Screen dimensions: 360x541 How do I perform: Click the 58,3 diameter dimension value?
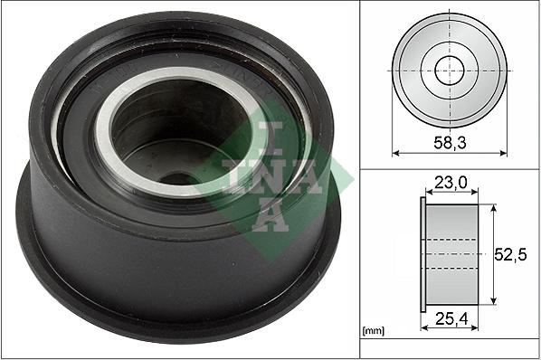[450, 142]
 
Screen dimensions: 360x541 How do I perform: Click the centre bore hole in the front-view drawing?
[450, 71]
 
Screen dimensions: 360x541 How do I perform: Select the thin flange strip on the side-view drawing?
[423, 255]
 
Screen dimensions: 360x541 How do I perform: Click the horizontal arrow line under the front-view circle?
[450, 154]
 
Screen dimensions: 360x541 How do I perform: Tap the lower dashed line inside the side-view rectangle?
[452, 270]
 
